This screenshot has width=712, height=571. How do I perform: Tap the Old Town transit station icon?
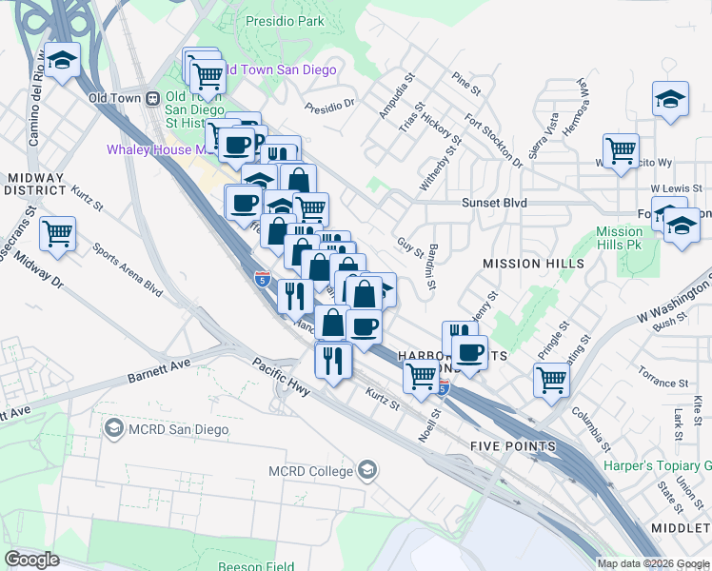tap(151, 98)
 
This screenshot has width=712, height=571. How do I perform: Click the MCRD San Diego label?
tap(166, 430)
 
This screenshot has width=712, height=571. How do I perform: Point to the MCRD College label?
tap(312, 470)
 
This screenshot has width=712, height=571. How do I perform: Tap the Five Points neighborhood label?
tap(513, 446)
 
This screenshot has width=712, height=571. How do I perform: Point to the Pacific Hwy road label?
tap(282, 372)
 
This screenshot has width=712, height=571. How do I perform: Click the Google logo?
tap(31, 560)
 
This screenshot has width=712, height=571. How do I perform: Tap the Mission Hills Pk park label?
tap(620, 238)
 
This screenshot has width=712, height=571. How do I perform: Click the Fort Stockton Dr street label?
tap(493, 140)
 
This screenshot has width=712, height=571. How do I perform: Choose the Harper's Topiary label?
tap(657, 466)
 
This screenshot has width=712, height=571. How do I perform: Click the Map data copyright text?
tap(652, 563)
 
